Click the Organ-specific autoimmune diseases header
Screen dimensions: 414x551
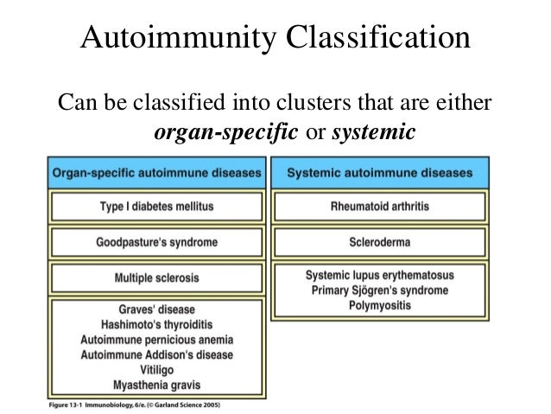tap(156, 173)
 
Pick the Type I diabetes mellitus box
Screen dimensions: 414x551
tap(156, 207)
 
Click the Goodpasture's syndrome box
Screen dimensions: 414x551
tap(156, 242)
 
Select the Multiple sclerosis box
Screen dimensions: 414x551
tap(156, 277)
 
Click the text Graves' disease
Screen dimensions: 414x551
tap(156, 309)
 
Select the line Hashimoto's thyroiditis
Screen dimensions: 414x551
tap(156, 324)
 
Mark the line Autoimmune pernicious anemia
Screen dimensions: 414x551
tap(156, 339)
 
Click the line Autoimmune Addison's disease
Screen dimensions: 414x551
tap(156, 354)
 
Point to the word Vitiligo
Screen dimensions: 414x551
tap(156, 369)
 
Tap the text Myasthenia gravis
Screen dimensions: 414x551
tap(156, 384)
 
